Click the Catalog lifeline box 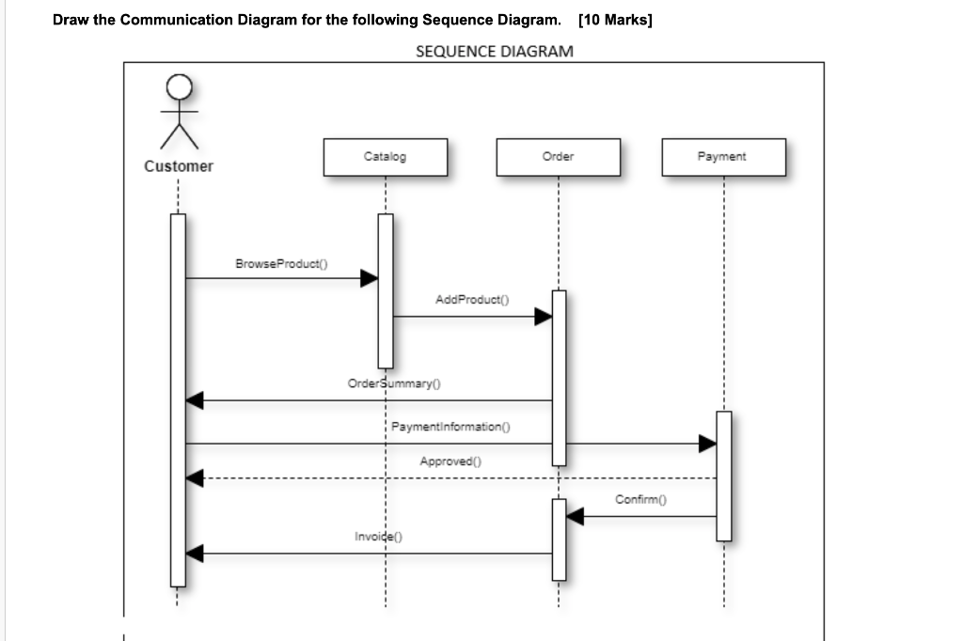tap(385, 157)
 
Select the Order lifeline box tap(558, 157)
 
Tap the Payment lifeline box tap(721, 157)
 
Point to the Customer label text tap(179, 166)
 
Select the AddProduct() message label tap(471, 300)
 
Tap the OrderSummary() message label tap(395, 383)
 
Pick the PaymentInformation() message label tap(450, 427)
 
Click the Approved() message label tap(450, 461)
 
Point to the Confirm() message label tap(640, 499)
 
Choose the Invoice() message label tap(378, 537)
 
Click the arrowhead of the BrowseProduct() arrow tap(370, 278)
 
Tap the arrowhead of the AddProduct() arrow tap(543, 317)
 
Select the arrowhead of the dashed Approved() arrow tap(195, 478)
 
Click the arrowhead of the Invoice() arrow tap(195, 554)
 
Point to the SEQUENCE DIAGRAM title tap(494, 51)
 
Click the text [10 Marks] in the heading tap(616, 20)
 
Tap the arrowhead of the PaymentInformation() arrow tap(707, 444)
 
